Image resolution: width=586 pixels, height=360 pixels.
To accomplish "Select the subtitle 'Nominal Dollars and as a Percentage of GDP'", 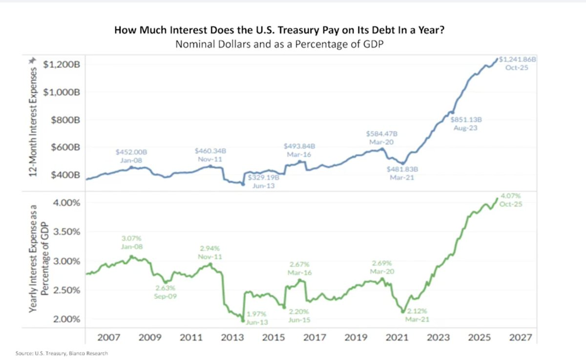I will [280, 44].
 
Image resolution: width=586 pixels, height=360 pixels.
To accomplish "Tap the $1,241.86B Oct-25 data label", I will [517, 63].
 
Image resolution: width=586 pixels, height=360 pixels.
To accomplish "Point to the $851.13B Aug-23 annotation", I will [465, 124].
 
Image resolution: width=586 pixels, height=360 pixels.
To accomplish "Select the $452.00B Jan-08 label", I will [131, 156].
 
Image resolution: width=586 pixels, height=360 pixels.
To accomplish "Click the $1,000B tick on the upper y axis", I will [62, 92].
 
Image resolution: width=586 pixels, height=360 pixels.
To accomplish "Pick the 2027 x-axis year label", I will [521, 337].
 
